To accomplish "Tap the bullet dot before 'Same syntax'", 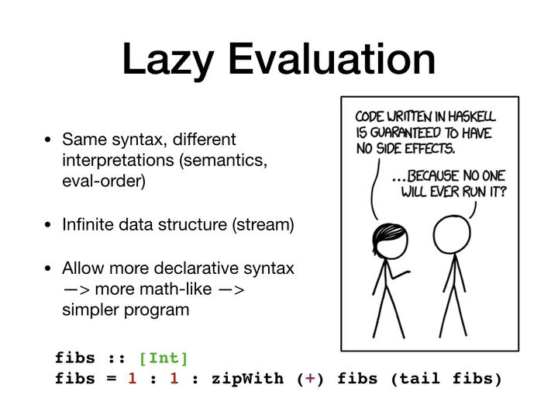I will [x=48, y=141].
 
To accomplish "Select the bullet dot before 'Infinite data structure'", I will [x=48, y=226].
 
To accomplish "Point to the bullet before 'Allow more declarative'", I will [x=48, y=269].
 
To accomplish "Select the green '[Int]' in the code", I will [x=164, y=358].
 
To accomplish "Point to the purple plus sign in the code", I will [x=310, y=379].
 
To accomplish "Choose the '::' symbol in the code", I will [x=118, y=358].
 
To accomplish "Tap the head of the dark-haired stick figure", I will [x=385, y=236].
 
